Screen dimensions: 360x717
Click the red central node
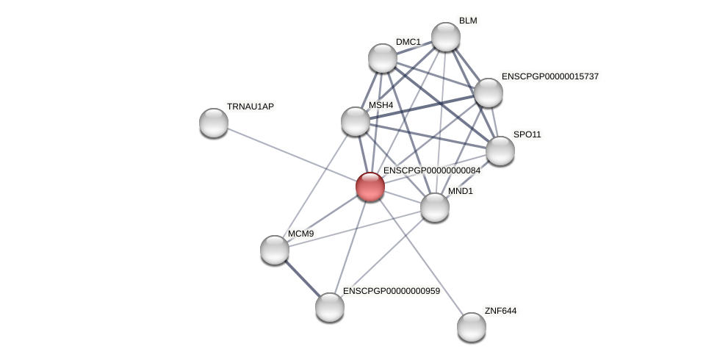pyautogui.click(x=370, y=187)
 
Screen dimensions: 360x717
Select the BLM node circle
pyautogui.click(x=446, y=37)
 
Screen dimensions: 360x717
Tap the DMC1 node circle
pyautogui.click(x=383, y=58)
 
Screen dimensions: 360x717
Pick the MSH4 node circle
pyautogui.click(x=356, y=121)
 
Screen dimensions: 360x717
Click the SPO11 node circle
pyautogui.click(x=500, y=151)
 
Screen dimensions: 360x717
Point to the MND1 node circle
pyautogui.click(x=435, y=207)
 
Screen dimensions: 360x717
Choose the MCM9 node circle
pyautogui.click(x=275, y=250)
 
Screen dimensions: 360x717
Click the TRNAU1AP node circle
pyautogui.click(x=214, y=123)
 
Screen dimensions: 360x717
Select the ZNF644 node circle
pyautogui.click(x=472, y=327)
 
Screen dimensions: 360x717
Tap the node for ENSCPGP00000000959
pyautogui.click(x=330, y=307)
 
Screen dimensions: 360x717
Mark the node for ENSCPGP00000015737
pyautogui.click(x=489, y=93)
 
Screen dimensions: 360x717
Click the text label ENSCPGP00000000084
pyautogui.click(x=432, y=170)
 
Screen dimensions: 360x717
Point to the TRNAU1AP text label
pyautogui.click(x=250, y=107)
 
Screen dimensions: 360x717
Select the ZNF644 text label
pyautogui.click(x=500, y=311)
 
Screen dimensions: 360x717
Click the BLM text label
pyautogui.click(x=468, y=21)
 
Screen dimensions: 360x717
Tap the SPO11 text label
pyautogui.click(x=527, y=134)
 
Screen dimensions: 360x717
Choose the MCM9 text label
pyautogui.click(x=300, y=234)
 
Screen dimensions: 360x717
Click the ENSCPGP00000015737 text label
pyautogui.click(x=550, y=76)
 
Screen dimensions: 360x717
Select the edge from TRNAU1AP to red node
pyautogui.click(x=292, y=154)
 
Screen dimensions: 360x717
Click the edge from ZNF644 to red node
pyautogui.click(x=421, y=257)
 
